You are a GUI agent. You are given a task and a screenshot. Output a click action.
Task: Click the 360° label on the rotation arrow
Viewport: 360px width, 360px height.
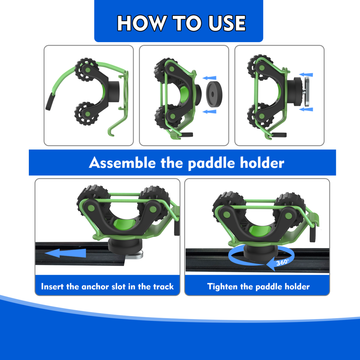(282, 262)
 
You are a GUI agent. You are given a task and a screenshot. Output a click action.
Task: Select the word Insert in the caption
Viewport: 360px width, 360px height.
(53, 287)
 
